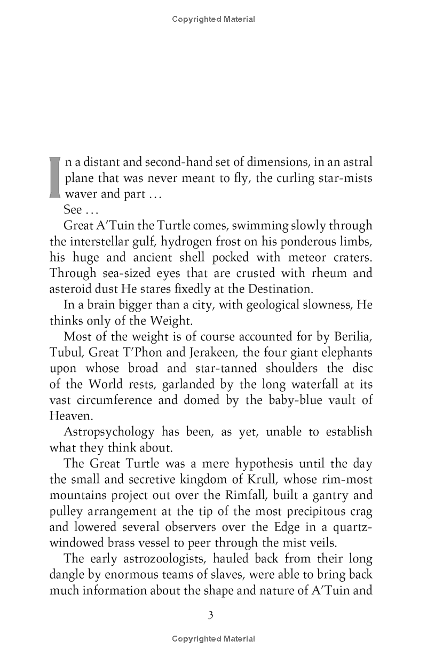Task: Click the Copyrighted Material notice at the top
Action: point(213,20)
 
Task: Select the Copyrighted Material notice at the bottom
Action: point(213,639)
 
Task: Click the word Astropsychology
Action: point(101,432)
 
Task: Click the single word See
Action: point(72,210)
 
